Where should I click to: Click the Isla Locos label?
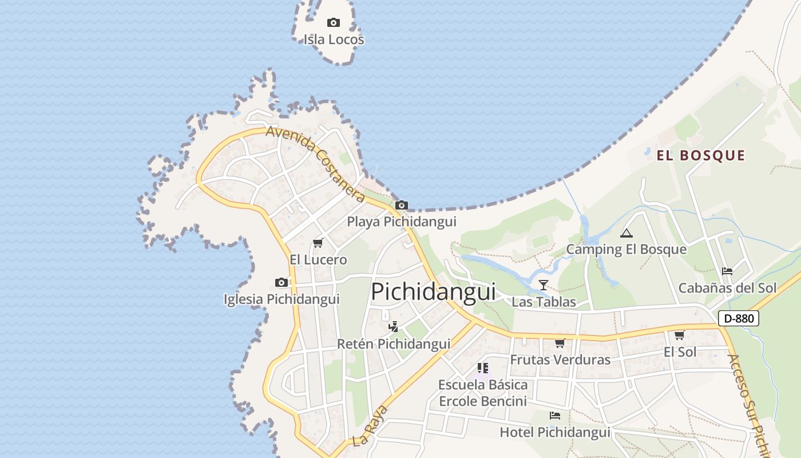(x=334, y=40)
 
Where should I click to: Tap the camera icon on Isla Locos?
(x=334, y=23)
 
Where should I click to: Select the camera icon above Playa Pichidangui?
(x=402, y=205)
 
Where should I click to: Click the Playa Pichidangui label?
(x=402, y=222)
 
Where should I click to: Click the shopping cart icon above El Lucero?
(x=318, y=243)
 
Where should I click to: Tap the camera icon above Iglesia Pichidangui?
(x=281, y=282)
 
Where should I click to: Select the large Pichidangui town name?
(x=433, y=291)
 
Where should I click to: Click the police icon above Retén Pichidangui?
(x=393, y=327)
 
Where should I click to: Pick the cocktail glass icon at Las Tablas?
(x=543, y=285)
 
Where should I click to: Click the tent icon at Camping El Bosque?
(x=626, y=233)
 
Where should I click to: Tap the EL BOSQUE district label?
(x=700, y=156)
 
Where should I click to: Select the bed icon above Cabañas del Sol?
(x=727, y=271)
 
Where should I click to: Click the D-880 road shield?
(x=738, y=318)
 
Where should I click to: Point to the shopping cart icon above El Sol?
(x=679, y=335)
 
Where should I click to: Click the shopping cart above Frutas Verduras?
(x=560, y=343)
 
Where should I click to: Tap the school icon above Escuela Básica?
(x=482, y=368)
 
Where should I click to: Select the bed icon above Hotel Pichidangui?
(x=554, y=416)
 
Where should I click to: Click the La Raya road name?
(x=370, y=426)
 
